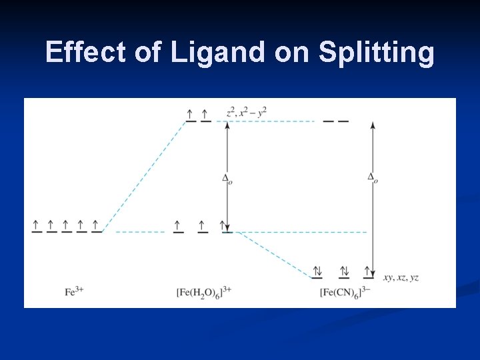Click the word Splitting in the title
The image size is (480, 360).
pos(376,53)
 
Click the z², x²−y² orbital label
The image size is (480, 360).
pos(247,111)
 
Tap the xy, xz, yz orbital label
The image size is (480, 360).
pos(401,277)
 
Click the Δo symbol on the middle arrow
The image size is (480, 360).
pos(227,178)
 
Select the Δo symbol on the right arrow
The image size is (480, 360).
pos(372,177)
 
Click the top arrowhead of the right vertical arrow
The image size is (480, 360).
pos(372,125)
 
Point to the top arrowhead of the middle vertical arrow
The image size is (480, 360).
pos(227,125)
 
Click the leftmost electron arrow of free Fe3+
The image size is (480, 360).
pos(36,225)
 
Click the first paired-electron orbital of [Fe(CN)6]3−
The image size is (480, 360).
pos(317,271)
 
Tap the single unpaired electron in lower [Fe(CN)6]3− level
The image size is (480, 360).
pos(368,271)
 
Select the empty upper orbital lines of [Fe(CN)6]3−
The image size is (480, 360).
pos(335,121)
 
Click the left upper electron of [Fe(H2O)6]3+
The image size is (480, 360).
pos(191,115)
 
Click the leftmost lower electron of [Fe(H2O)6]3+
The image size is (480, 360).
pos(178,225)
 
